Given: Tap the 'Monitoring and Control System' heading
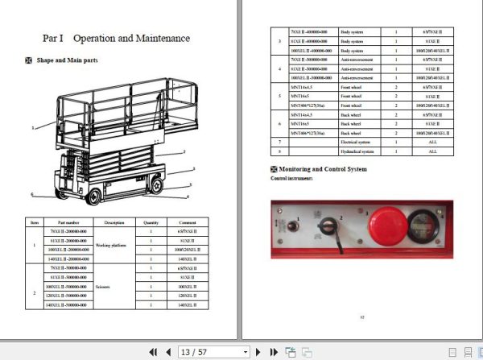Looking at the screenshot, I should pos(322,169).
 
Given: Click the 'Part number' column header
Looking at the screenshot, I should pos(61,222).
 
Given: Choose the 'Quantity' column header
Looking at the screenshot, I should pos(151,222).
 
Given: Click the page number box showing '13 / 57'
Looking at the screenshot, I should pos(213,352).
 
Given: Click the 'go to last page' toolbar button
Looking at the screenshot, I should pos(272,352).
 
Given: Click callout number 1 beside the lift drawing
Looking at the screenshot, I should pos(33,128).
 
